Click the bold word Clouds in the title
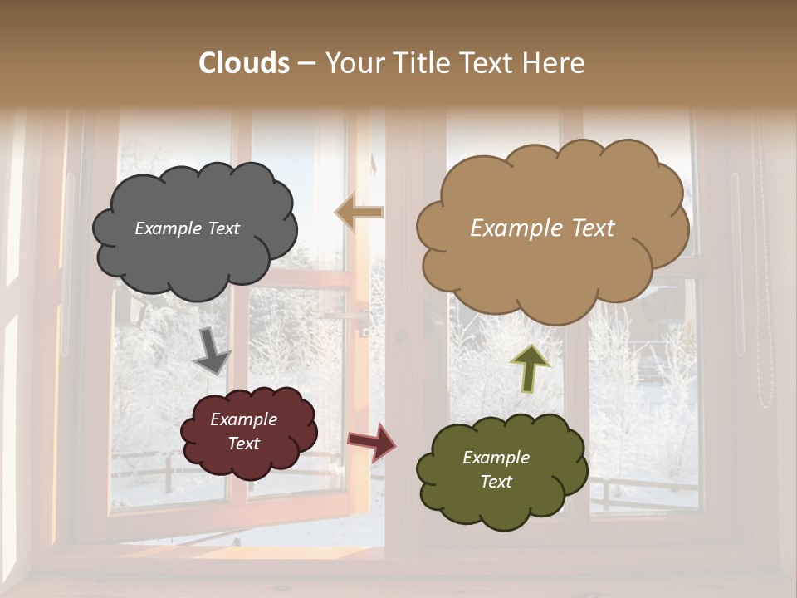[x=244, y=63]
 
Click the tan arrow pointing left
[x=359, y=213]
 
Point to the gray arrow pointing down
[x=211, y=351]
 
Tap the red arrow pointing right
[x=372, y=442]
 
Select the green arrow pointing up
[x=531, y=368]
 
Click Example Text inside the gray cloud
[x=187, y=228]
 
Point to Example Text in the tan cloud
[x=542, y=228]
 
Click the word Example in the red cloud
[x=243, y=419]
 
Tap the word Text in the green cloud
[x=496, y=482]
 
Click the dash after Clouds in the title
[x=306, y=63]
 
